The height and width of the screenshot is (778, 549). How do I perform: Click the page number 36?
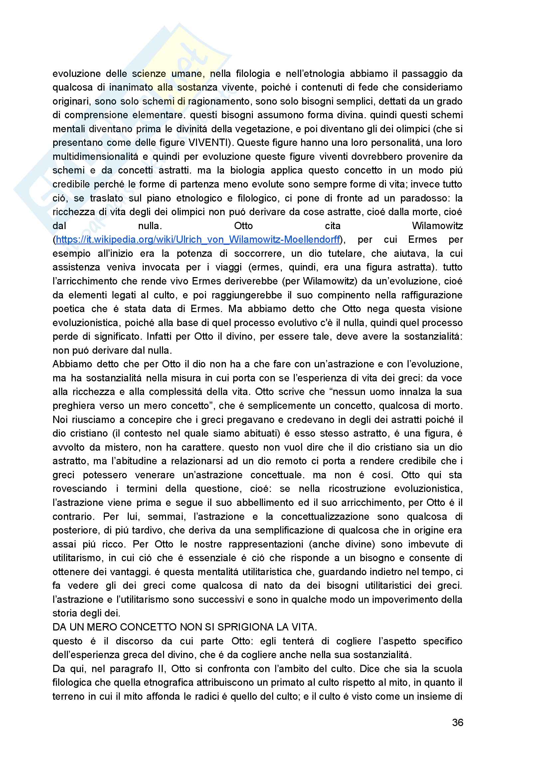click(457, 722)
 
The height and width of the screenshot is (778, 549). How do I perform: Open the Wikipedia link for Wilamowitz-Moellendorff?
click(198, 239)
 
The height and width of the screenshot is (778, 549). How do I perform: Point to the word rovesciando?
click(80, 489)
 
